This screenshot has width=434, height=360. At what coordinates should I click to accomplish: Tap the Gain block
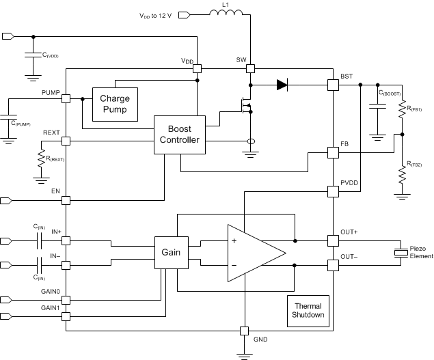click(x=171, y=253)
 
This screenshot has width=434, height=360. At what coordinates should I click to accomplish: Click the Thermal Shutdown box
click(x=308, y=311)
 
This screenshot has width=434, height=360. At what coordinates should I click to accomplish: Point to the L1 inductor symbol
click(x=226, y=13)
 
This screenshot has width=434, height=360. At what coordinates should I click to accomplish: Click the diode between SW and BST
click(x=282, y=85)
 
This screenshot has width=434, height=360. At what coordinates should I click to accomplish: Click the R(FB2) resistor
click(x=402, y=175)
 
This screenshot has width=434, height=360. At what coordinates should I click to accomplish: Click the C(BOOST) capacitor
click(x=375, y=106)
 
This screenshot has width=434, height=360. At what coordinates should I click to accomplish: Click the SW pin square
click(x=251, y=68)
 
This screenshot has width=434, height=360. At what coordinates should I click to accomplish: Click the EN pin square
click(x=66, y=200)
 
